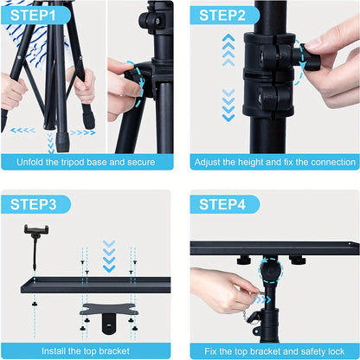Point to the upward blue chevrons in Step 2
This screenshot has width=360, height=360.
[228, 49]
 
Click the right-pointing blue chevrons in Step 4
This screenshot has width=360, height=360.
[262, 299]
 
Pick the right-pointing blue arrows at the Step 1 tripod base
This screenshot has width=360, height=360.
[81, 132]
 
